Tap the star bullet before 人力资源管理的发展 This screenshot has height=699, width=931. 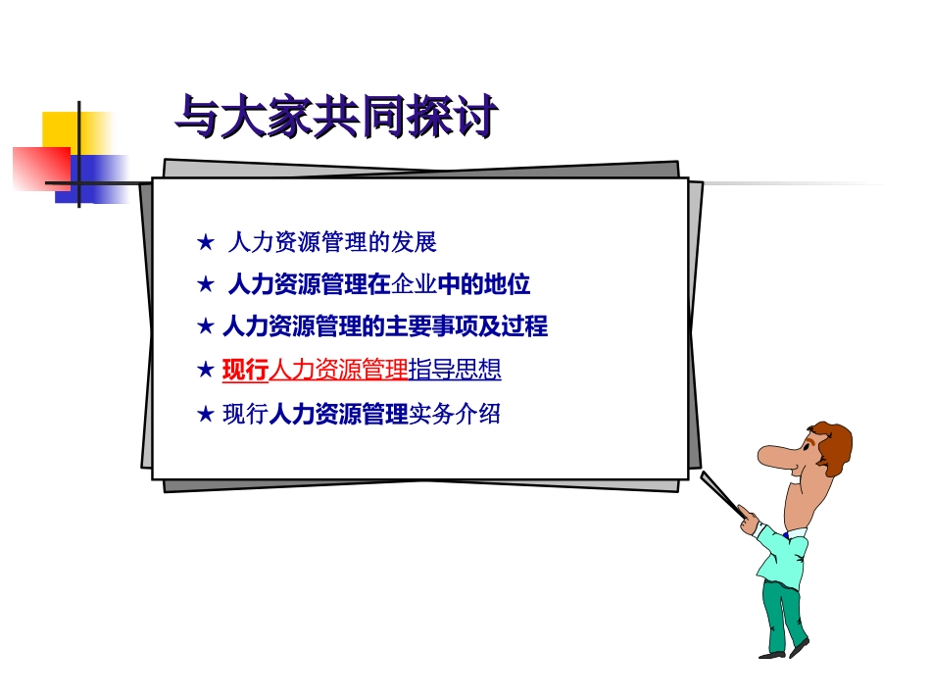point(205,242)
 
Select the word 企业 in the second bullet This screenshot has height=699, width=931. point(414,285)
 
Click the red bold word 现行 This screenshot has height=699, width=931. point(245,370)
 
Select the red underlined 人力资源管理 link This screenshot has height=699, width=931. point(338,370)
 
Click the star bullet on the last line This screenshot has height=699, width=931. point(205,415)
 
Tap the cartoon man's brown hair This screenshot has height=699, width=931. point(831,443)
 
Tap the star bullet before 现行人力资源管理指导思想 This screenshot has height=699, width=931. point(205,370)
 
